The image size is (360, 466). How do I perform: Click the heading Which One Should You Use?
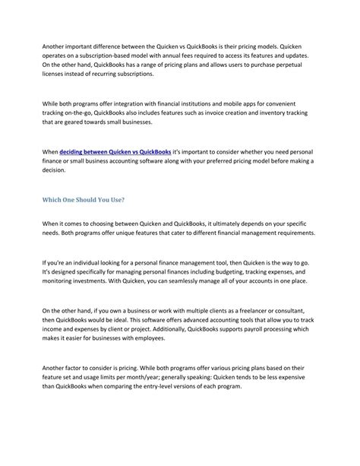click(83, 200)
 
